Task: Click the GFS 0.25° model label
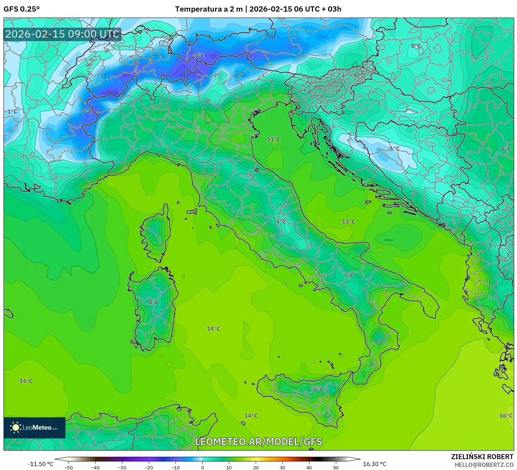click(x=21, y=9)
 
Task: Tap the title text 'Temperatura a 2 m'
click(x=209, y=9)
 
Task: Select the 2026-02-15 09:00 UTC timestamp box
click(x=62, y=34)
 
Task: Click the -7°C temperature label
click(x=86, y=112)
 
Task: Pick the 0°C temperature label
click(x=416, y=46)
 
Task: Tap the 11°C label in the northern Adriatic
click(x=273, y=139)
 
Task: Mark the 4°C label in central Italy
click(x=281, y=222)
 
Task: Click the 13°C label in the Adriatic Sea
click(x=348, y=222)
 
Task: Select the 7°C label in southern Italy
click(x=348, y=275)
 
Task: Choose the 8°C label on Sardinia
click(x=153, y=302)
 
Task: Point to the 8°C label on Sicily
click(x=319, y=390)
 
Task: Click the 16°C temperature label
click(x=505, y=416)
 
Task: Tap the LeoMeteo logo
click(x=34, y=427)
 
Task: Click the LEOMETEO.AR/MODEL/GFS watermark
click(x=258, y=442)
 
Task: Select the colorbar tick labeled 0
click(x=202, y=467)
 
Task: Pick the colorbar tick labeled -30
click(x=122, y=467)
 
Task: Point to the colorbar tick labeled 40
click(x=309, y=467)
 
